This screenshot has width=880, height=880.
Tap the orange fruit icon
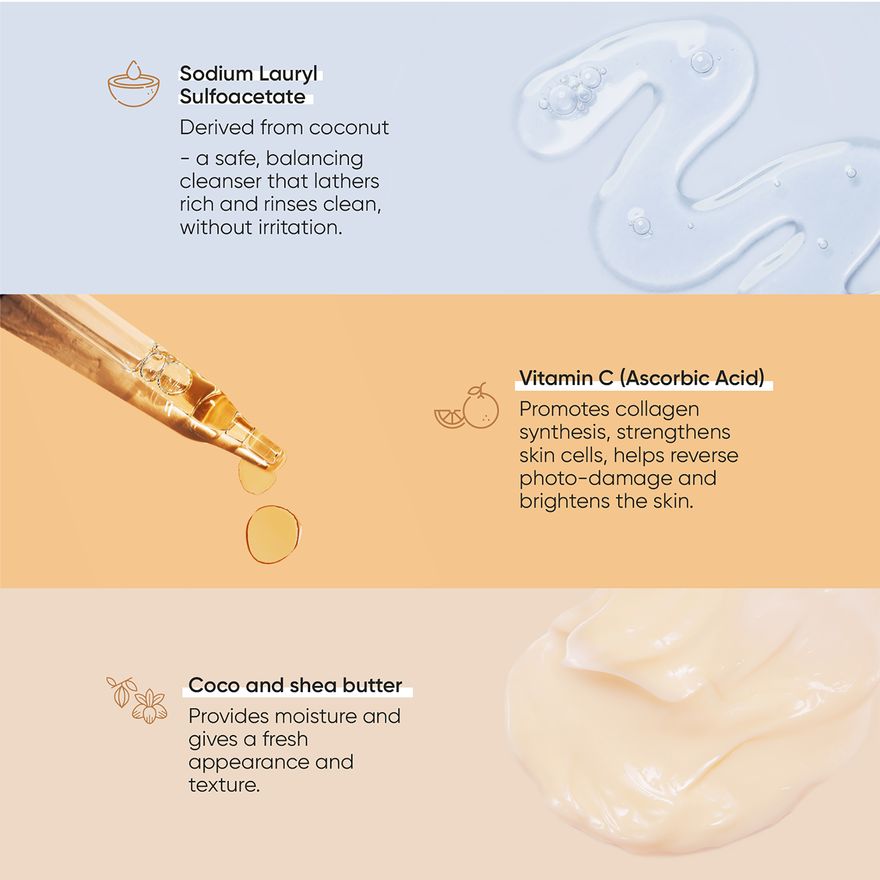click(466, 406)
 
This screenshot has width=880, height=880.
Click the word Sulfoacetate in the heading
click(242, 96)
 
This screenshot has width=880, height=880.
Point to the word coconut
click(349, 128)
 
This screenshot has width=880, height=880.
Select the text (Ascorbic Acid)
click(692, 378)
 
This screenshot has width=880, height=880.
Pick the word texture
click(224, 785)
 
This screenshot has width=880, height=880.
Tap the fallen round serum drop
click(273, 534)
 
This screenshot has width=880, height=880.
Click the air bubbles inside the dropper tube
click(164, 370)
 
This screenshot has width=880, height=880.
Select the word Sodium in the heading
click(216, 74)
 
